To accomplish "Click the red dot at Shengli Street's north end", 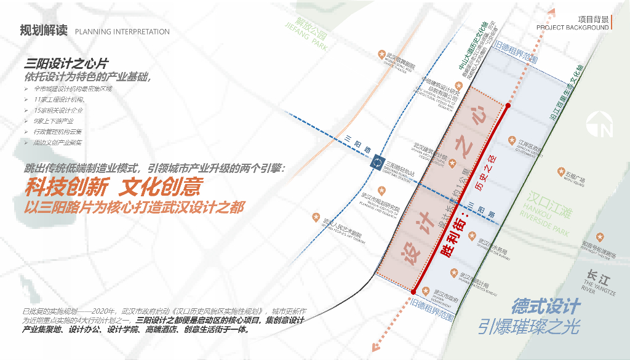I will (x=508, y=106).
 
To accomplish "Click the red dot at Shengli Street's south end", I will (x=414, y=292).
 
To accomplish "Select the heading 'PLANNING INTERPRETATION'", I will (x=122, y=31).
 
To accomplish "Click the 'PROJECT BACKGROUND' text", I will (x=572, y=28).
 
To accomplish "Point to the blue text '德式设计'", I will (x=546, y=305).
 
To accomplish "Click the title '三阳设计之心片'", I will (x=66, y=65).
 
